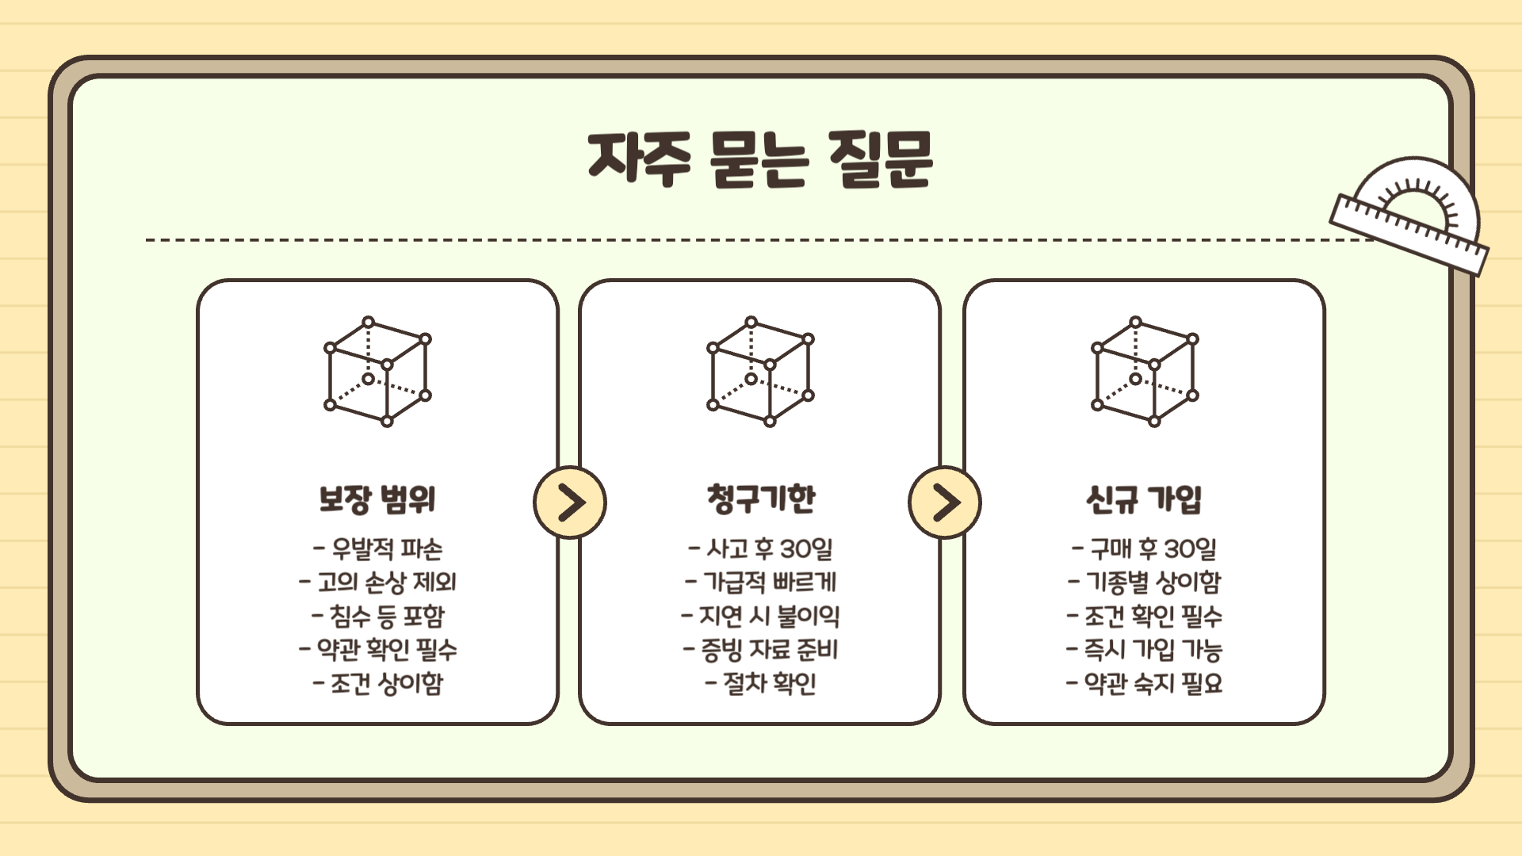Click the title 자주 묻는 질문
[x=760, y=159]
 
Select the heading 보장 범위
[x=377, y=499]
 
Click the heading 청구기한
[x=761, y=499]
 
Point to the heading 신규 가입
[x=1144, y=499]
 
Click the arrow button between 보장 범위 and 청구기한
[x=570, y=503]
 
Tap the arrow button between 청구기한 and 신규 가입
[x=945, y=503]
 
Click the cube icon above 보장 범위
[x=377, y=371]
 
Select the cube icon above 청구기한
[x=760, y=371]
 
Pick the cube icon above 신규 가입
[x=1145, y=371]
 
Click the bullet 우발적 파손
[x=378, y=548]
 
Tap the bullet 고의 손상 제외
[x=378, y=583]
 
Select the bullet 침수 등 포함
[x=378, y=616]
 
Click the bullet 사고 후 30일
[x=761, y=548]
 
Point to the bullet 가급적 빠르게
[x=761, y=583]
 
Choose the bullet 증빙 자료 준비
[x=761, y=650]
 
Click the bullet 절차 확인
[x=761, y=683]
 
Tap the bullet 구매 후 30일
[x=1145, y=548]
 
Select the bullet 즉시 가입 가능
[x=1145, y=650]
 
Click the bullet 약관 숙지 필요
[x=1145, y=683]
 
